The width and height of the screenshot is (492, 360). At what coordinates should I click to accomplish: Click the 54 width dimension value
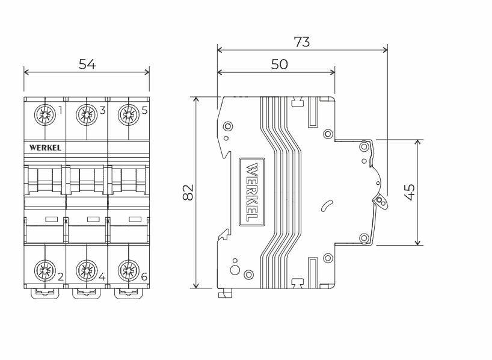coord(87,64)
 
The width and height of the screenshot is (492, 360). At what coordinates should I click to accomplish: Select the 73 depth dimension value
coord(301,42)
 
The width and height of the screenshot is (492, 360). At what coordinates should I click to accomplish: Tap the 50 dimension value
coord(279,64)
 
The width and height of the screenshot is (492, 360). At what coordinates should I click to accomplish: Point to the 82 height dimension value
coord(188,192)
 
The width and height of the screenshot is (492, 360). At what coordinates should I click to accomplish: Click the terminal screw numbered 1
coord(45,113)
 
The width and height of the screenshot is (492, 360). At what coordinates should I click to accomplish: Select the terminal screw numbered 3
coord(87,113)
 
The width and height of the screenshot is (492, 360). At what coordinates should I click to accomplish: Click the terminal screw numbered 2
coord(45,268)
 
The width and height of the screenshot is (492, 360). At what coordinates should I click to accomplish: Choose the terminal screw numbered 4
coord(87,268)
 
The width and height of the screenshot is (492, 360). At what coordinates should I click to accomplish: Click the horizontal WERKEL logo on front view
coord(44,147)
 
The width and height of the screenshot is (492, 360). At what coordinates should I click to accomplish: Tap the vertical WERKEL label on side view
coord(253,191)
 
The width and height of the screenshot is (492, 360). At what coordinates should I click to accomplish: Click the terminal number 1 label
coord(60,110)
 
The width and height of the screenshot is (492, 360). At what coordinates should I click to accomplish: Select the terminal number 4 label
coord(102,277)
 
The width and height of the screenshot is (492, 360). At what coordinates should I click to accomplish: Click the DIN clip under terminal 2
coord(45,293)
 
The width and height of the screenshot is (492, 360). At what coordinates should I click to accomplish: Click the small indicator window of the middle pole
coord(93,219)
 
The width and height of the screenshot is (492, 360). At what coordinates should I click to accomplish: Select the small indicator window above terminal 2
coord(51,219)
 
